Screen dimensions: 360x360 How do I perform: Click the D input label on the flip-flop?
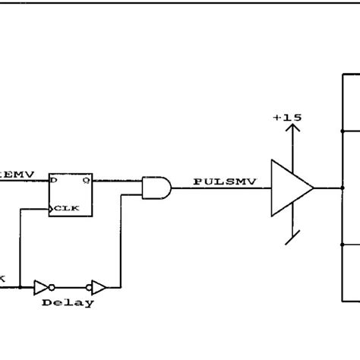tap(54, 182)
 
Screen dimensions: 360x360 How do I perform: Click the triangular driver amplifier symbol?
tap(289, 187)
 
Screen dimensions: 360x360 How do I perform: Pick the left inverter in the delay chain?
tap(43, 287)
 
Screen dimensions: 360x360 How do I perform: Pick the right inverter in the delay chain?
tap(97, 287)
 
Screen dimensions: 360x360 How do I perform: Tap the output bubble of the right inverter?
tap(107, 287)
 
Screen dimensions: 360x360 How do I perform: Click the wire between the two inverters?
tap(72, 287)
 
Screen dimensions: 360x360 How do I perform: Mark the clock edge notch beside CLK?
tap(52, 207)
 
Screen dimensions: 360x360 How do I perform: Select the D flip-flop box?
tap(71, 194)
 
